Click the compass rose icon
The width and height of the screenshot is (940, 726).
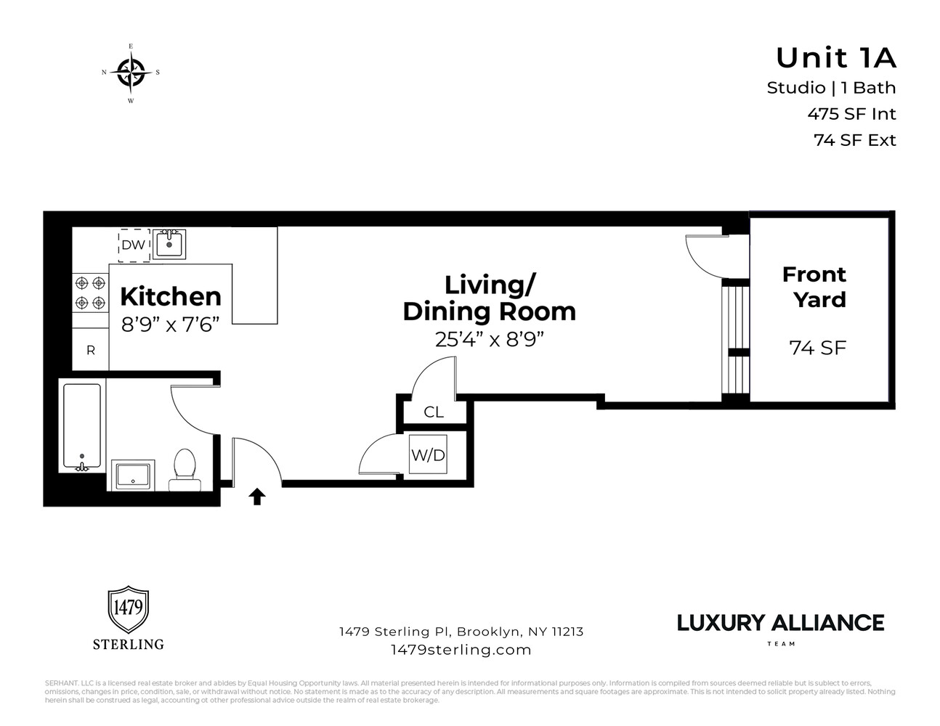[131, 73]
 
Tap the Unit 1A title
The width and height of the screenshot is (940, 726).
[835, 57]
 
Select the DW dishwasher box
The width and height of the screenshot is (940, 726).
[134, 245]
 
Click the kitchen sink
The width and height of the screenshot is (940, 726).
[170, 244]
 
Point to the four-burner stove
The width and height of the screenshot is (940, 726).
[89, 293]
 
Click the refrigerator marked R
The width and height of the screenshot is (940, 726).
[90, 350]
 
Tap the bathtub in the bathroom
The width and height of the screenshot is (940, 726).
[81, 427]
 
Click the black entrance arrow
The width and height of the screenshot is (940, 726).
[257, 497]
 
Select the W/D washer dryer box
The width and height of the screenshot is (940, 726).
[429, 455]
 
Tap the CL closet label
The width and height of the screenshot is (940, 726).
[434, 412]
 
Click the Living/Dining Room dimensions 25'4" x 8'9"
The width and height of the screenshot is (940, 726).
[489, 339]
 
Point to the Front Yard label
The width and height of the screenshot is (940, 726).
[814, 287]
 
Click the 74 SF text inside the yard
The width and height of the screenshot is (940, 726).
[818, 348]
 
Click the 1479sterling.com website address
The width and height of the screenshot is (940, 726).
[461, 650]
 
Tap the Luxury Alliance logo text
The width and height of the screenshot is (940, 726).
[780, 623]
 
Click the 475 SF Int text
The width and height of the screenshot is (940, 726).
[851, 114]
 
